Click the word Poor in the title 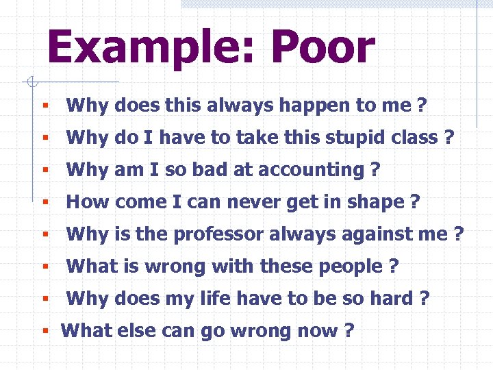pos(323,48)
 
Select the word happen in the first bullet pos(302,106)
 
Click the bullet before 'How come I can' pos(45,203)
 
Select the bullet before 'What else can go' pos(45,332)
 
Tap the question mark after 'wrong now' pos(349,331)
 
